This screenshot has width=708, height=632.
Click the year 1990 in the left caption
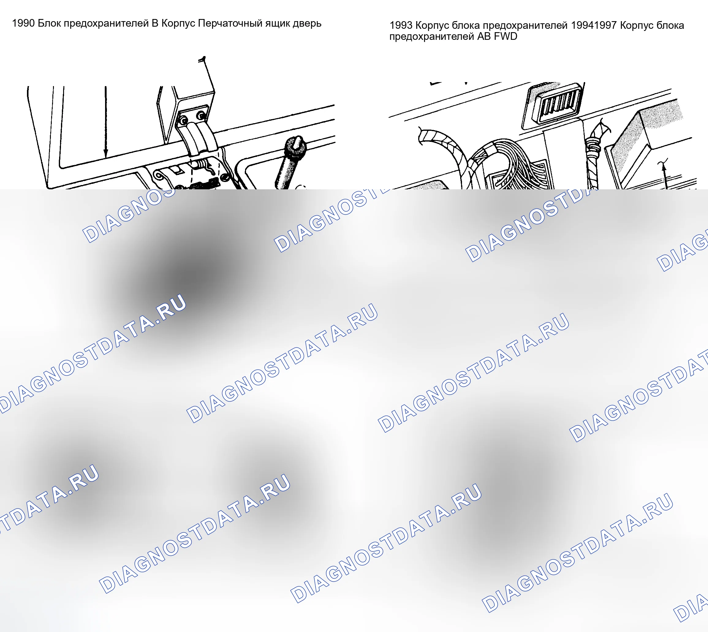pyautogui.click(x=23, y=23)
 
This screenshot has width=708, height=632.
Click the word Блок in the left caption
pyautogui.click(x=49, y=23)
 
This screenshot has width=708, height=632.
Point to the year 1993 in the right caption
pyautogui.click(x=401, y=25)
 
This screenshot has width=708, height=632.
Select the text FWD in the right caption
pyautogui.click(x=505, y=36)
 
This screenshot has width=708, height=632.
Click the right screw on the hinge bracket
pyautogui.click(x=201, y=115)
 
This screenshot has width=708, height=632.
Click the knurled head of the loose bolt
pyautogui.click(x=296, y=146)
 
